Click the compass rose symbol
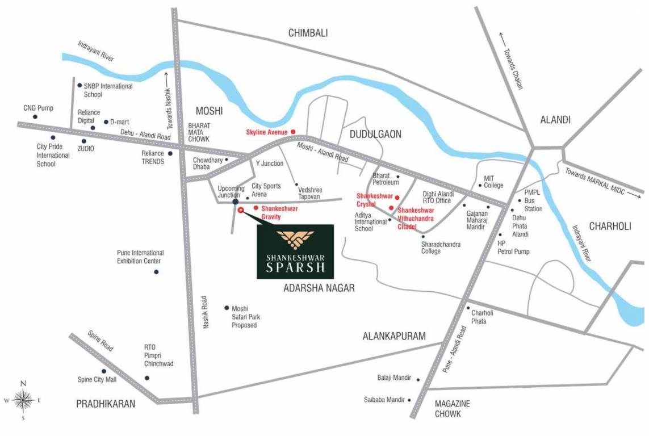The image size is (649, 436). tap(23, 400)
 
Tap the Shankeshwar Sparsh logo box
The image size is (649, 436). tap(295, 251)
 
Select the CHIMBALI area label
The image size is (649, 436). tap(308, 33)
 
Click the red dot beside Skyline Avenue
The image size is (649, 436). tap(293, 132)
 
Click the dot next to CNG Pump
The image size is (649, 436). tap(35, 117)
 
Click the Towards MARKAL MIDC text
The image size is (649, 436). tap(600, 182)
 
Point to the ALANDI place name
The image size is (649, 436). tap(555, 119)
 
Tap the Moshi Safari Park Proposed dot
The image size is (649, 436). tap(227, 307)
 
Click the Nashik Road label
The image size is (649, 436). tap(207, 313)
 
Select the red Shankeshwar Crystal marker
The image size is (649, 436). tap(397, 198)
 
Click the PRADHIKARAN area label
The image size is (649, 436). tap(106, 404)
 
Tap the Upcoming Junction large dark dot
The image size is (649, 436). tap(236, 201)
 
